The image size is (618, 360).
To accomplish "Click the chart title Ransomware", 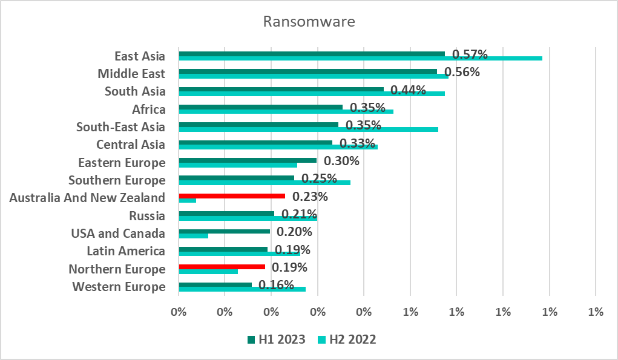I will tap(309, 22).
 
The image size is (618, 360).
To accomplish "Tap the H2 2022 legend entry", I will tap(347, 339).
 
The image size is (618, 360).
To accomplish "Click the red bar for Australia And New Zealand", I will tap(232, 196).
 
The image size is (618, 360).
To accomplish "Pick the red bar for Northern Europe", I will tap(222, 266).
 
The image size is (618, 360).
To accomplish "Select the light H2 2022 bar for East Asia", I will tap(360, 58).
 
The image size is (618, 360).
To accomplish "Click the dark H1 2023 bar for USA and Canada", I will tap(224, 231).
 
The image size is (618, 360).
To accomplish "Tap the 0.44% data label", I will tap(408, 90).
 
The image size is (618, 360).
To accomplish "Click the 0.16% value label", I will tap(276, 285).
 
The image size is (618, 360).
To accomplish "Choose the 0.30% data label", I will tap(341, 161).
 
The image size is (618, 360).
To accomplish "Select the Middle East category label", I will tap(131, 74).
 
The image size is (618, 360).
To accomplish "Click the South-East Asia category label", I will tap(120, 127).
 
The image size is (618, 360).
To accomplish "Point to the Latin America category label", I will tap(126, 251).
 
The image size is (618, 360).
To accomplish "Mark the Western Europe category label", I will tap(119, 287).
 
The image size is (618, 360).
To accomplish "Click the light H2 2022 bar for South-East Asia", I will tap(308, 129).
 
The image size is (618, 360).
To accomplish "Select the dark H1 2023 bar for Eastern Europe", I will tap(248, 160).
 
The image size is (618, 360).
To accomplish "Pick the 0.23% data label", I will tap(310, 197).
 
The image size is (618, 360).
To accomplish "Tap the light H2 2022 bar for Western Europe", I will tap(242, 289).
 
